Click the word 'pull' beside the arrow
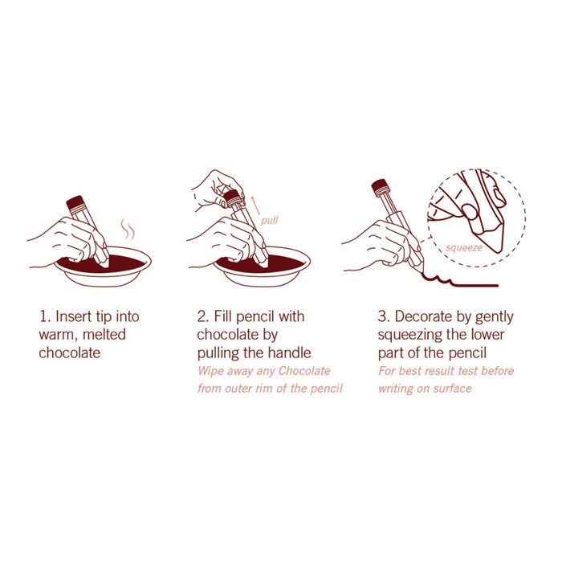269,220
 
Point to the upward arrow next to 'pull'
255,205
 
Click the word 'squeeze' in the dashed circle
464,247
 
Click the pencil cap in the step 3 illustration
381,188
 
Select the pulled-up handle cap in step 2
233,198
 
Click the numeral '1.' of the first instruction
45,317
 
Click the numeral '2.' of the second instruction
203,317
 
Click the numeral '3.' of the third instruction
384,317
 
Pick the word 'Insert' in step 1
74,317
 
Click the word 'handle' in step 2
290,352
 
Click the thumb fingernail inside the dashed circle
470,211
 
